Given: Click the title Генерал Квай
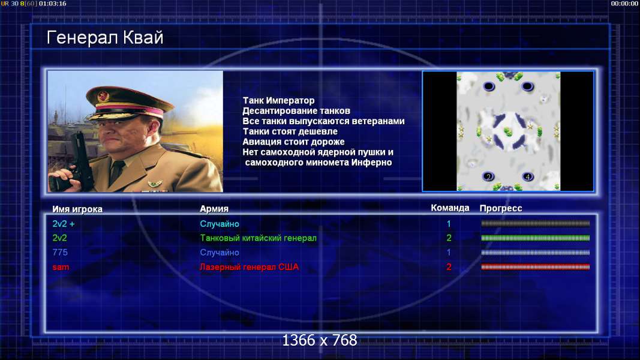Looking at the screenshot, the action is click(105, 38).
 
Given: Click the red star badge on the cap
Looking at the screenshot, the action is click(103, 97).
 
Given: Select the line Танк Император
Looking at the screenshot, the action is click(279, 100).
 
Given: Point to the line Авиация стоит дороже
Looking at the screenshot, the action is click(293, 142).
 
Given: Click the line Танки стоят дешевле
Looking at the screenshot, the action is click(290, 131).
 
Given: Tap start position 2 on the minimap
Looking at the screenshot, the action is click(488, 176).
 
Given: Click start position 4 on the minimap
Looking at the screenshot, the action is click(527, 176).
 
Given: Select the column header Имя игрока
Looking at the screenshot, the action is click(77, 209).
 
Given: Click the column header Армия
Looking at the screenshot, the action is click(214, 209).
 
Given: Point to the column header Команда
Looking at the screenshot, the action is click(450, 208).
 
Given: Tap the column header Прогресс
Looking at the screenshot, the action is click(501, 208).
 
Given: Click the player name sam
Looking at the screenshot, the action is click(61, 267).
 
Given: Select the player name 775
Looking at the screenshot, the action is click(60, 252).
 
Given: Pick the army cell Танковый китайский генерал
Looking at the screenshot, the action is click(258, 238).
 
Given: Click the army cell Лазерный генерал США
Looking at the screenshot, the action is click(249, 267).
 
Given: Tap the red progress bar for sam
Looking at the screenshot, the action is click(536, 267).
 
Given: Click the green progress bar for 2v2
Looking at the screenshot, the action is click(536, 238).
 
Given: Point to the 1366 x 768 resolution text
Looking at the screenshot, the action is click(320, 340).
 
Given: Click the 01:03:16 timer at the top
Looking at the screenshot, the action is click(53, 3).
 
